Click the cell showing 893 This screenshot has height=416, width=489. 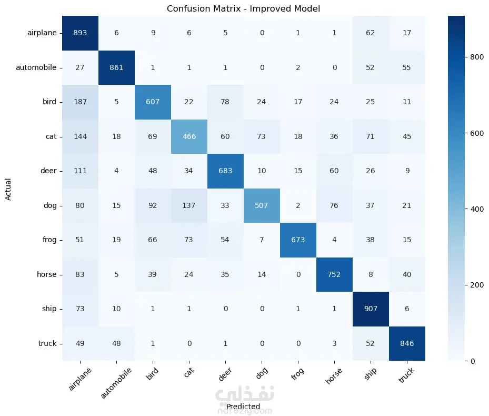coord(81,33)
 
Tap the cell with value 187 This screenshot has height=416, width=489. coord(81,102)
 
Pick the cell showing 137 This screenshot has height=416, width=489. coord(188,205)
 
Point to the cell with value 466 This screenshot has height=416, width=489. coord(188,136)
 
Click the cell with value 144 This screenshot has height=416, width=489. coord(81,136)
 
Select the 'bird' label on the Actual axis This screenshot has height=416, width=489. coord(49,102)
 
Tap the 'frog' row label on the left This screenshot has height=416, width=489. coord(49,240)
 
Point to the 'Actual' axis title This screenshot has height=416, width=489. coord(8,188)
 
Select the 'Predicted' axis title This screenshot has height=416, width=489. coord(243,407)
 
